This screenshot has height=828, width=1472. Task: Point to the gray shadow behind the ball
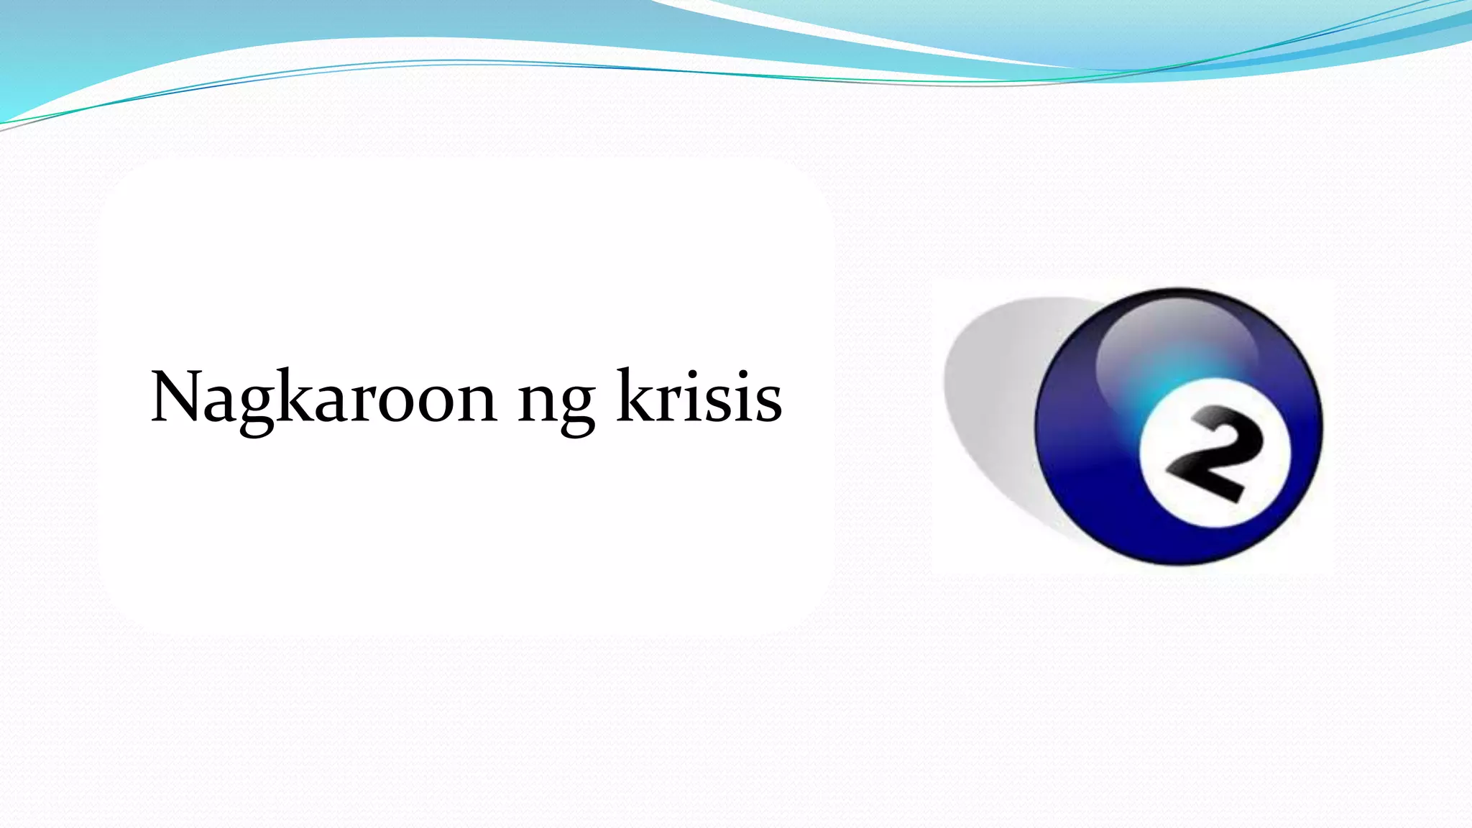(x=992, y=402)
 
